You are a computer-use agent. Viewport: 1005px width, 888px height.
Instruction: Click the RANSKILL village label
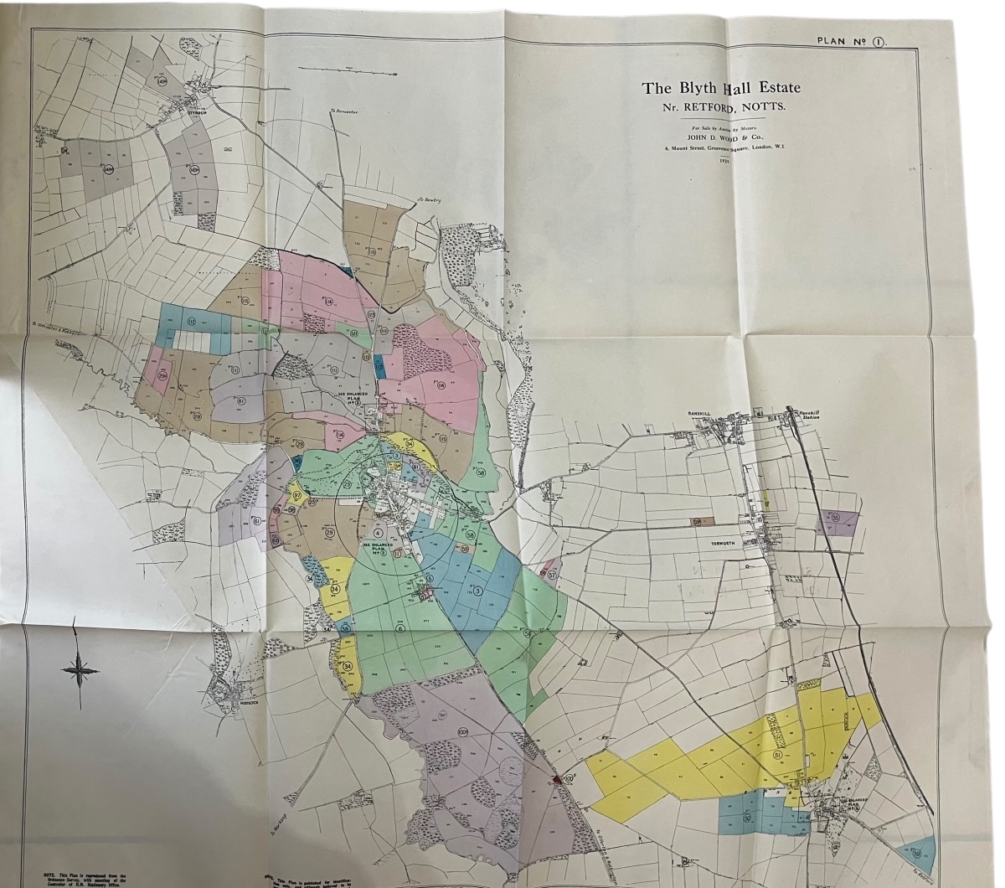click(699, 414)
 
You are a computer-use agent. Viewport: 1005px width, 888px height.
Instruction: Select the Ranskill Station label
click(811, 416)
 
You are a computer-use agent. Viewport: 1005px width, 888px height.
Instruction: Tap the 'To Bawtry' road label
click(430, 200)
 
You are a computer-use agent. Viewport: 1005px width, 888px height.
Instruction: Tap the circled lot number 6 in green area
click(399, 628)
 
